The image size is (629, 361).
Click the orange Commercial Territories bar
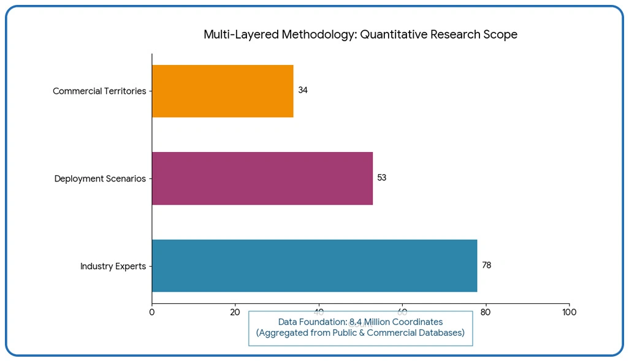[223, 91]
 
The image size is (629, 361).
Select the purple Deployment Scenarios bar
[262, 178]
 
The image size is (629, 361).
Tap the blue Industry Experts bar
[314, 265]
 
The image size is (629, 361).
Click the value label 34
[303, 90]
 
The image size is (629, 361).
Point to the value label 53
[382, 178]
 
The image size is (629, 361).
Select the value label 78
[486, 265]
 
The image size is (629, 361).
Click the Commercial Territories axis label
[99, 91]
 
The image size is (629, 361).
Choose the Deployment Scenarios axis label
[100, 179]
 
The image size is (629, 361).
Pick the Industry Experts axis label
[113, 267]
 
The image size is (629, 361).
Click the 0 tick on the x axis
[152, 312]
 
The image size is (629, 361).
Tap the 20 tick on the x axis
[235, 312]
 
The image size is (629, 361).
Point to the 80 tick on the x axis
[486, 312]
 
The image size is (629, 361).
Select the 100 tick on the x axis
[569, 312]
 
